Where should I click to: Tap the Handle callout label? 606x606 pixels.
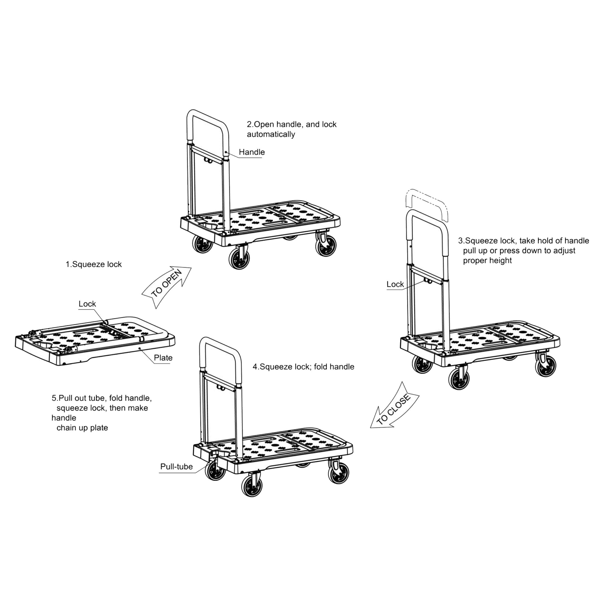252,152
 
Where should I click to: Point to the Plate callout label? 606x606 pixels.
163,358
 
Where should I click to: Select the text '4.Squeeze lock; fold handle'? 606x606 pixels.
303,367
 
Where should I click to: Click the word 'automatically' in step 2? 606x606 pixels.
271,135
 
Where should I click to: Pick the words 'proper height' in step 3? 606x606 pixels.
487,261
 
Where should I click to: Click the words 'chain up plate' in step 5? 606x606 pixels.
82,428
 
